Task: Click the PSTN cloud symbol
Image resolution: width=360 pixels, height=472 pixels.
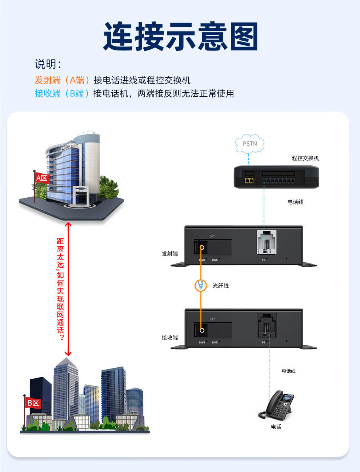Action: click(x=249, y=144)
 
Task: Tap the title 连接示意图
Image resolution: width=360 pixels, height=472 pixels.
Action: click(x=181, y=36)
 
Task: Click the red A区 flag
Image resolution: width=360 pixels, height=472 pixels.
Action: click(x=42, y=178)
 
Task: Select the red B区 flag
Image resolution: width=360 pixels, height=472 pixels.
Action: click(x=33, y=403)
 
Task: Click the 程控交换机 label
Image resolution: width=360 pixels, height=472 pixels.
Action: click(x=305, y=158)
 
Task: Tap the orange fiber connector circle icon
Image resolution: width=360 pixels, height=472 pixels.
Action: click(x=200, y=285)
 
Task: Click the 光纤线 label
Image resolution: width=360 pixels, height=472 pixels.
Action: click(x=221, y=286)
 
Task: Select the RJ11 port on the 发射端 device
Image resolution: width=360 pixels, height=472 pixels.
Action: click(x=267, y=242)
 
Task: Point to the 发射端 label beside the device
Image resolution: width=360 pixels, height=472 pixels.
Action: click(x=170, y=254)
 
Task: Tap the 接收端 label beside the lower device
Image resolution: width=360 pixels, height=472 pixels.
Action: click(x=170, y=338)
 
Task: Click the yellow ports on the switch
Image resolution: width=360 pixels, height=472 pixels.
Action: click(x=249, y=181)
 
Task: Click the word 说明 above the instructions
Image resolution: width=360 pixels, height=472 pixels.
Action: click(x=46, y=64)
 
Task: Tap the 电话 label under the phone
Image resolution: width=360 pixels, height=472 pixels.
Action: click(x=276, y=427)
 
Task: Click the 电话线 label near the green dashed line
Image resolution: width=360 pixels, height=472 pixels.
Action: click(x=288, y=371)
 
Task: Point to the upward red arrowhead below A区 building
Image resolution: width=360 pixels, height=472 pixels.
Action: click(x=68, y=225)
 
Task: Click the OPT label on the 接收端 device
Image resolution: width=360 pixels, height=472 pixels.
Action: click(x=212, y=319)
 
